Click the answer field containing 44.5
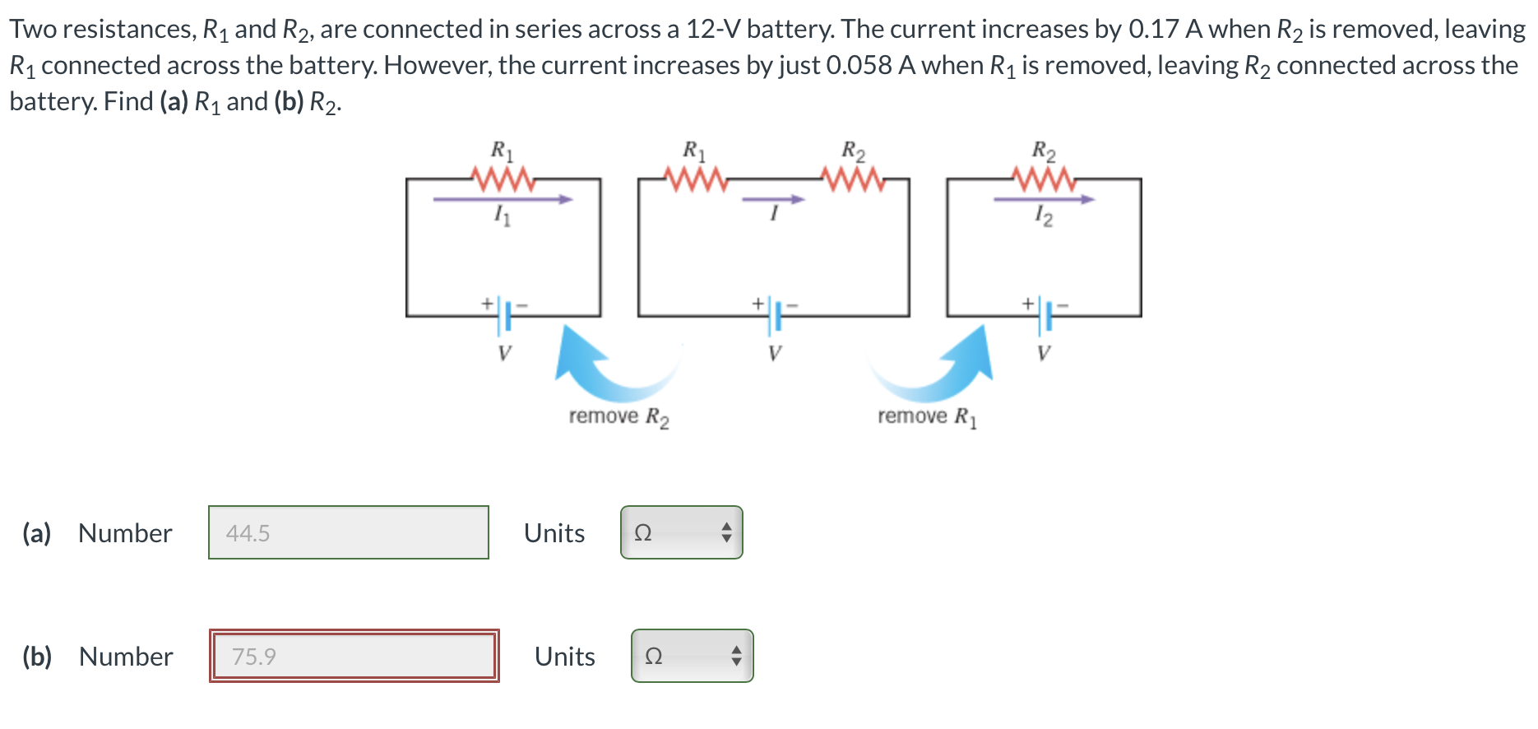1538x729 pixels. tap(348, 533)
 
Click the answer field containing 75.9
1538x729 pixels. tap(354, 657)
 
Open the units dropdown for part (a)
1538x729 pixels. tap(681, 533)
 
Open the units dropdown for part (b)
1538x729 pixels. tap(692, 657)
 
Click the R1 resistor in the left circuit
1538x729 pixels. tap(503, 179)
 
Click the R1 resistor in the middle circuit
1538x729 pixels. tap(696, 179)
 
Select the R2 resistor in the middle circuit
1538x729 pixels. tap(854, 179)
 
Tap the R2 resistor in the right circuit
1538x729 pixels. tap(1044, 179)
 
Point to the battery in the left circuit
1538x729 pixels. tap(504, 316)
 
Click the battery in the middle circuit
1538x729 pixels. tap(774, 316)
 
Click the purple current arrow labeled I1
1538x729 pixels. tap(503, 199)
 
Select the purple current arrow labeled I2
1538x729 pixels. tap(1044, 199)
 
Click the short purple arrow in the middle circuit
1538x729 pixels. tap(773, 199)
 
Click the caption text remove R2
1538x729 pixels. tap(618, 417)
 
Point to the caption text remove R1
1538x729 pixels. tap(927, 417)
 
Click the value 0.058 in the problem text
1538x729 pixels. tap(859, 66)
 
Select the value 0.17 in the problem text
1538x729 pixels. tap(1154, 30)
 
